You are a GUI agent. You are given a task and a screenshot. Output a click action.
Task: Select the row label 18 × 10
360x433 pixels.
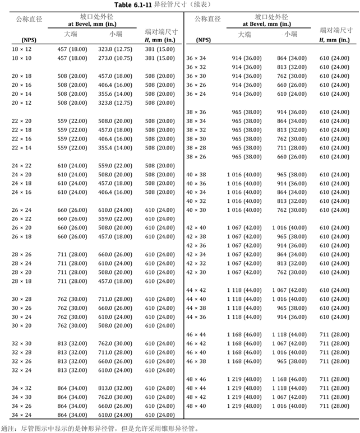[21, 58]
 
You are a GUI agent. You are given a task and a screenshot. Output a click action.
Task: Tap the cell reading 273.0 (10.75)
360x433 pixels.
[116, 58]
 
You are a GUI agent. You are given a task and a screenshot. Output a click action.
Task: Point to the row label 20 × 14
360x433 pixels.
[21, 94]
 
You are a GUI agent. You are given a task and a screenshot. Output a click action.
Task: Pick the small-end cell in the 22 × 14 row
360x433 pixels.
[116, 148]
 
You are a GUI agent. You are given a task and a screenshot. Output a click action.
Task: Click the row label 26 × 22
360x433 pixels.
[21, 219]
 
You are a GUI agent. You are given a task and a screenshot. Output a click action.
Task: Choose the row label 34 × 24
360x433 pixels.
[21, 415]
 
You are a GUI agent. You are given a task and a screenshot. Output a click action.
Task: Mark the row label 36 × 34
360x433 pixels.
[196, 58]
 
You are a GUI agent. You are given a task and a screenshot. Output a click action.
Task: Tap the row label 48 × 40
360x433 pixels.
[196, 406]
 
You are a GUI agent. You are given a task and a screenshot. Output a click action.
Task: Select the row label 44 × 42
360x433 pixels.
[196, 290]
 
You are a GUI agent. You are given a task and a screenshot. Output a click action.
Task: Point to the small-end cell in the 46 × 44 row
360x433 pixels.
[290, 334]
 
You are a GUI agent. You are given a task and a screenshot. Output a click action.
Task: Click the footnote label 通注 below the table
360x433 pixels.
[8, 427]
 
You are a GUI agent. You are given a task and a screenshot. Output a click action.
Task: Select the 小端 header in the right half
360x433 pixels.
[290, 35]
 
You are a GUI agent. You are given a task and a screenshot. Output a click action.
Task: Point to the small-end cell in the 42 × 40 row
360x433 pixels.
[290, 228]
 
